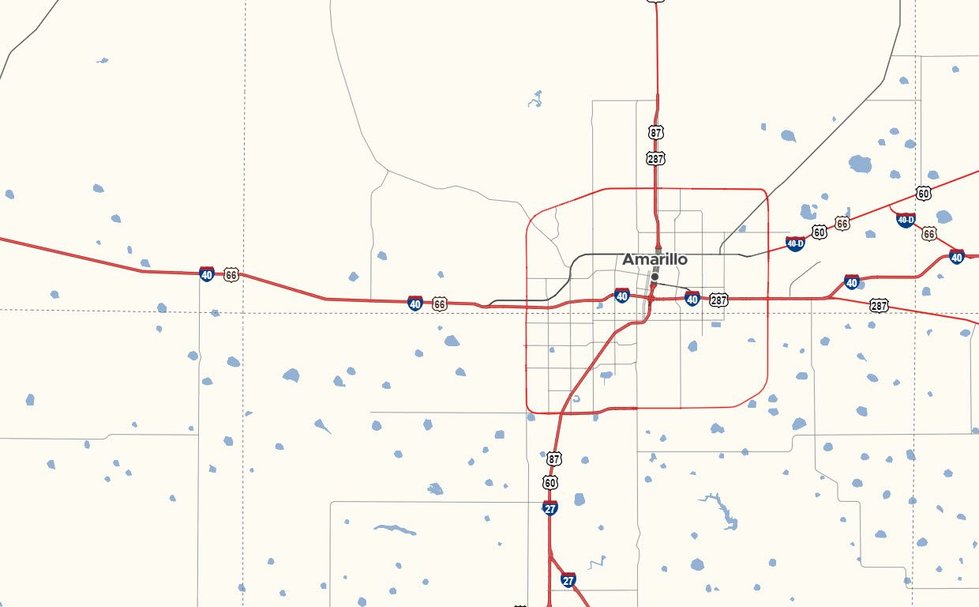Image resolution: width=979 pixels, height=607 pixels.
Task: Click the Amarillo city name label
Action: coord(655,259)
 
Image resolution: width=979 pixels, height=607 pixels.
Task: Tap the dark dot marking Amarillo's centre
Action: coord(655,277)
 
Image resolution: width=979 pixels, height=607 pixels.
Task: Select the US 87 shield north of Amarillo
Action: coord(656,132)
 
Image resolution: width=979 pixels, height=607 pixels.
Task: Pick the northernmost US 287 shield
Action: coord(655,158)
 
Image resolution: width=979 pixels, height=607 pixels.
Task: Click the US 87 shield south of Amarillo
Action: coord(554,458)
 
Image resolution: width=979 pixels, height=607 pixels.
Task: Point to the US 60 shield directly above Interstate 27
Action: coord(550,482)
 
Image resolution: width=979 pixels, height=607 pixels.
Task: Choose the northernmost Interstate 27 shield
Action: coord(550,507)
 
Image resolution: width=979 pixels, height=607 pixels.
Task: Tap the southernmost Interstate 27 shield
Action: coord(568,580)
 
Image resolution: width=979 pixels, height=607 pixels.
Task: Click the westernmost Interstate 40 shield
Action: coord(207,274)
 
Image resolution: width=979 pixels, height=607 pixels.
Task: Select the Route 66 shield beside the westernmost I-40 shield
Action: coord(231,275)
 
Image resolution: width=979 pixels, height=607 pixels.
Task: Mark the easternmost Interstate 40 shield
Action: coord(957,256)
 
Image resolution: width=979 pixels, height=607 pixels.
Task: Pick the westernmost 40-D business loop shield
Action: coord(795,243)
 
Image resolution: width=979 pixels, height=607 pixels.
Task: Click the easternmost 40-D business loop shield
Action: coord(906,220)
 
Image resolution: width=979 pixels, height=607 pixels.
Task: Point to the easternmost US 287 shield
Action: coord(879,305)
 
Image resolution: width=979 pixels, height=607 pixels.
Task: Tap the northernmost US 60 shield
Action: coord(924,193)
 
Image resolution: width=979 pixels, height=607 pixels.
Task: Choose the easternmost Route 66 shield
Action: coord(929,233)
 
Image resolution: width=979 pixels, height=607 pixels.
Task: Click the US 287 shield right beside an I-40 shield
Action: coord(718,300)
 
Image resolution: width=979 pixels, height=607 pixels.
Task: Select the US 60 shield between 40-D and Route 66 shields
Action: coord(820,232)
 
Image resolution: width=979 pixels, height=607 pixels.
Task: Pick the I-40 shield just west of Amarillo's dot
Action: coord(622,296)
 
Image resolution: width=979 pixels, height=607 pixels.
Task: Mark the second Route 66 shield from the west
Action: coord(440,303)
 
